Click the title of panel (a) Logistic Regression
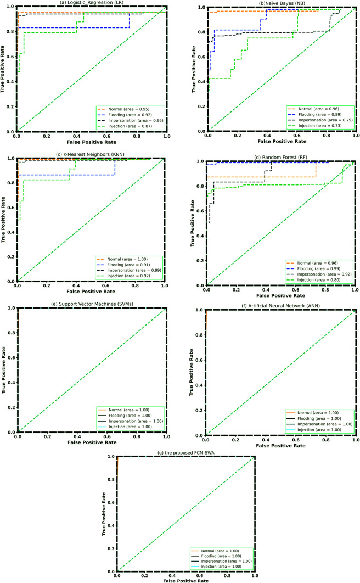click(x=90, y=3)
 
